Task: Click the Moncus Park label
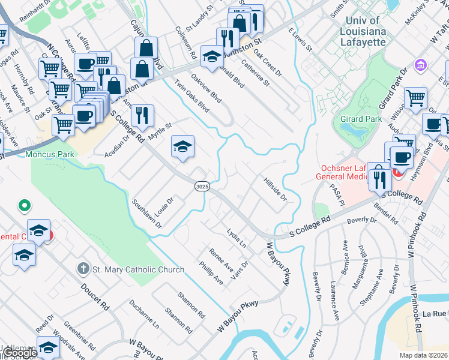pos(49,154)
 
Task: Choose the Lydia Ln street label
pos(237,238)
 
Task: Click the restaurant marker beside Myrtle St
pos(142,115)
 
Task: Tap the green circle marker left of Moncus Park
pos(25,206)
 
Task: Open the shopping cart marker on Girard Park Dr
pos(415,98)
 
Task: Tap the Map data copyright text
pos(424,355)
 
